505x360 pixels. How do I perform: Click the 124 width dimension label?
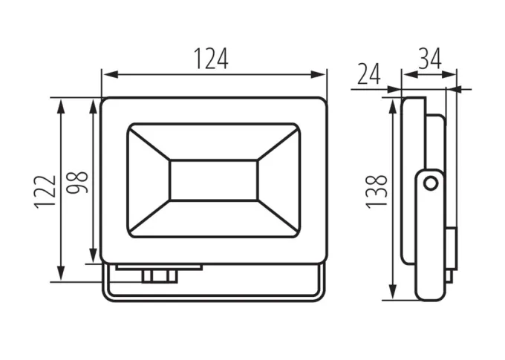point(211,59)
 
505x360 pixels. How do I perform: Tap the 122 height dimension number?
point(45,192)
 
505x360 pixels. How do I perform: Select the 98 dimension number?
point(77,183)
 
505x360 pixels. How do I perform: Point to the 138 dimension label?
point(377,192)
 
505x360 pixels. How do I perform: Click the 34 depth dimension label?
point(430,59)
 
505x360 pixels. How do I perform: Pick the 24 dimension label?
point(369,74)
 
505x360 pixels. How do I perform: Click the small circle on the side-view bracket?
point(430,184)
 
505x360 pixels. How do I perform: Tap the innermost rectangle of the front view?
point(214,180)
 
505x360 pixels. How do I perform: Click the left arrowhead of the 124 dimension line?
point(110,75)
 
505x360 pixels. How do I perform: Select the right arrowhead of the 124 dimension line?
point(318,75)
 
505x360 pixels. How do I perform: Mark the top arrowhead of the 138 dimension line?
point(393,106)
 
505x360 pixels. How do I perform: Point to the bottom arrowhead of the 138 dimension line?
point(393,292)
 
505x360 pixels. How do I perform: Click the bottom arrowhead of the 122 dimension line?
point(61,274)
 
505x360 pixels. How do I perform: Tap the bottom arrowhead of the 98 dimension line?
point(93,255)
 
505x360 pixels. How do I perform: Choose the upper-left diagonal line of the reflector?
point(149,143)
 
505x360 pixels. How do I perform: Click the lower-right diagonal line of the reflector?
point(278,217)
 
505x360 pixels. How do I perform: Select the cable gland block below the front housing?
point(160,276)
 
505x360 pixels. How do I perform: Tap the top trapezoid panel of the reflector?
point(214,142)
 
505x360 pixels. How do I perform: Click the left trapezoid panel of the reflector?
point(149,180)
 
